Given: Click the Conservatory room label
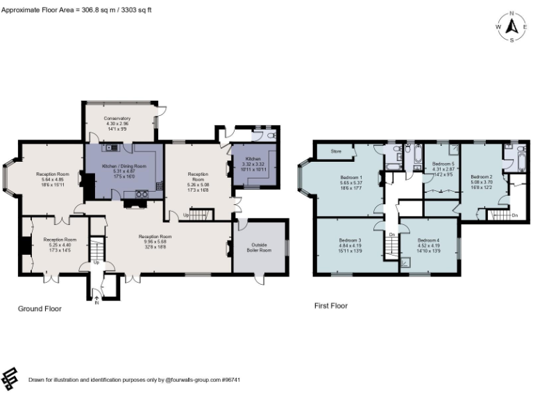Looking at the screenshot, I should click(117, 118).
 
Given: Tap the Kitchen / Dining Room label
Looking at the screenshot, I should click(124, 167).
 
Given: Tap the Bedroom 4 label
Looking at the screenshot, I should click(428, 240).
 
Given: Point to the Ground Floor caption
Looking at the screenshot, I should click(40, 308).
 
